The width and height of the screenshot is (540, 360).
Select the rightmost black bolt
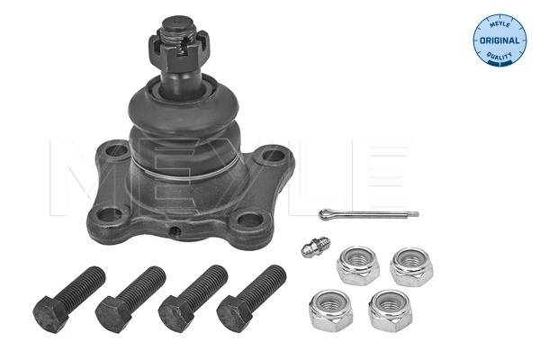[x=252, y=295]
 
